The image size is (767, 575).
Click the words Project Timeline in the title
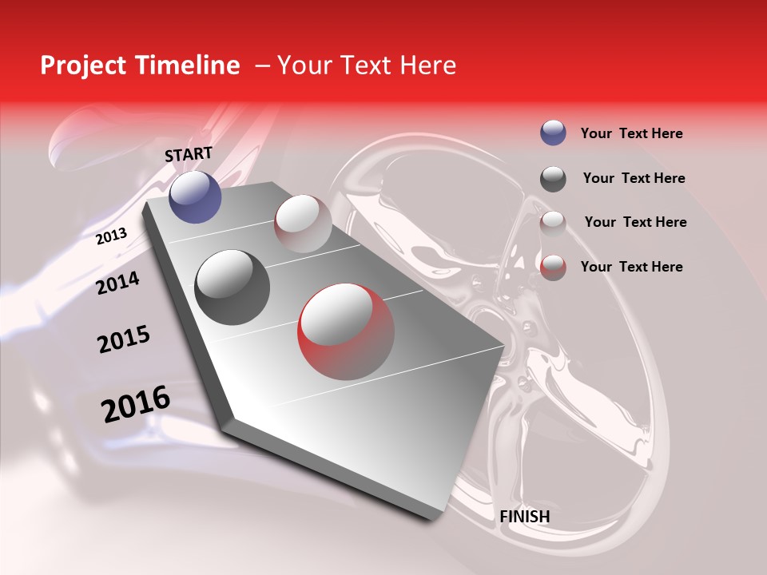[140, 65]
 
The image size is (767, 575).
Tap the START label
[189, 154]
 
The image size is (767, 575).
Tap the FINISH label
[525, 517]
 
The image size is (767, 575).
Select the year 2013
[111, 236]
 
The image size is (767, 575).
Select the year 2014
[117, 283]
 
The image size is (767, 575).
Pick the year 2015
[124, 339]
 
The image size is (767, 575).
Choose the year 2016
[136, 404]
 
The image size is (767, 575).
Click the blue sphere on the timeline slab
[195, 196]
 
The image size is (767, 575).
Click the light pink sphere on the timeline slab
[303, 224]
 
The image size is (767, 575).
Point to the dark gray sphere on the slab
[232, 287]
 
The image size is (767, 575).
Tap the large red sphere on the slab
[346, 332]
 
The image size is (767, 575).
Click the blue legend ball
[553, 133]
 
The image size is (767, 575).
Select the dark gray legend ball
[553, 178]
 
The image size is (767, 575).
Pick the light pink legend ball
[553, 223]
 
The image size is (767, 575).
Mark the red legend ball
[553, 267]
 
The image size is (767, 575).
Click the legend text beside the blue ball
[631, 133]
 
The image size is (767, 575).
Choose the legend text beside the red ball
[631, 267]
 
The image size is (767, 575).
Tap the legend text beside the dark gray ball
[634, 178]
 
